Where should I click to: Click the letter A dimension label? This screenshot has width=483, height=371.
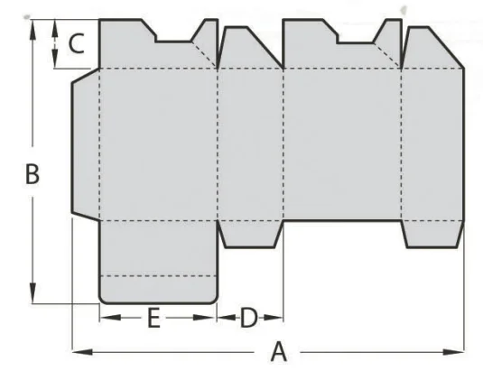279,351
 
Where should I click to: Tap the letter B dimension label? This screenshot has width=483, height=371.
33,174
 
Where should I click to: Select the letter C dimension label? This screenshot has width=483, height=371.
76,43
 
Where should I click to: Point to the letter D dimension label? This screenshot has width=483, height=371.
248,318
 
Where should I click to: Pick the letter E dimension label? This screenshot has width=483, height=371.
153,318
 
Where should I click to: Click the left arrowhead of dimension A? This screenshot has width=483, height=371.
82,352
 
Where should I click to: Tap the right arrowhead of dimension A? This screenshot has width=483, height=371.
454,352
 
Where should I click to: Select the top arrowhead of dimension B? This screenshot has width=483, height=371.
33,30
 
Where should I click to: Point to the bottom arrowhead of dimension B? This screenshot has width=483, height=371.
33,293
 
